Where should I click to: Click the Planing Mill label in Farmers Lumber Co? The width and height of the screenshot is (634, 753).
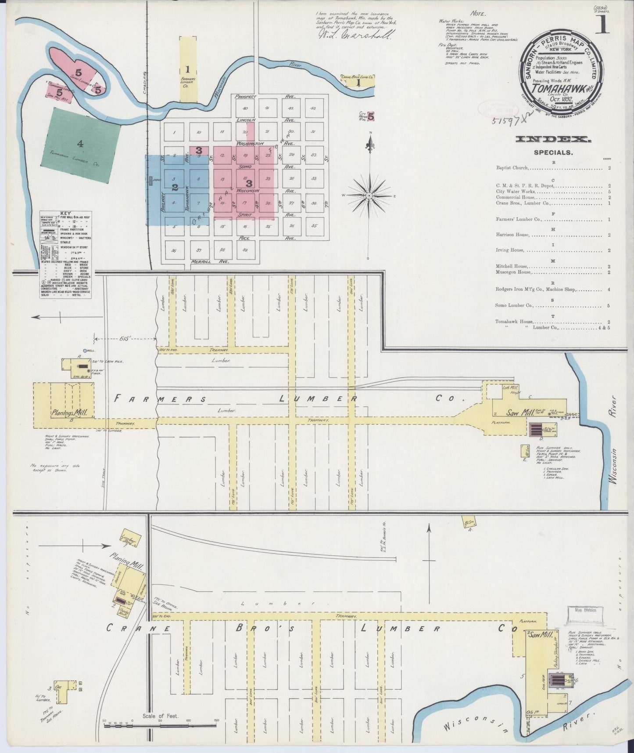point(66,413)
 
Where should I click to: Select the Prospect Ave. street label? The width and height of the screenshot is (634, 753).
point(248,96)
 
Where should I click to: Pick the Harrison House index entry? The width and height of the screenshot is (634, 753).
point(510,235)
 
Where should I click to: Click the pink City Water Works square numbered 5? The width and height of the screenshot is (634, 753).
point(371,116)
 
